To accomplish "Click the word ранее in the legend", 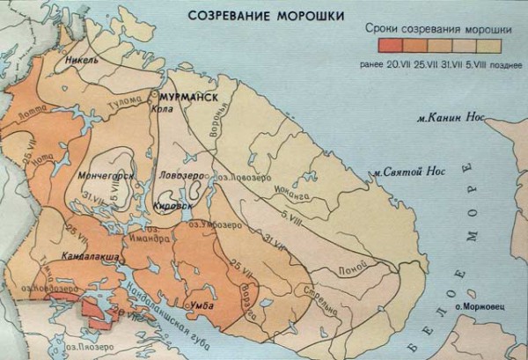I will click(374, 64).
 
